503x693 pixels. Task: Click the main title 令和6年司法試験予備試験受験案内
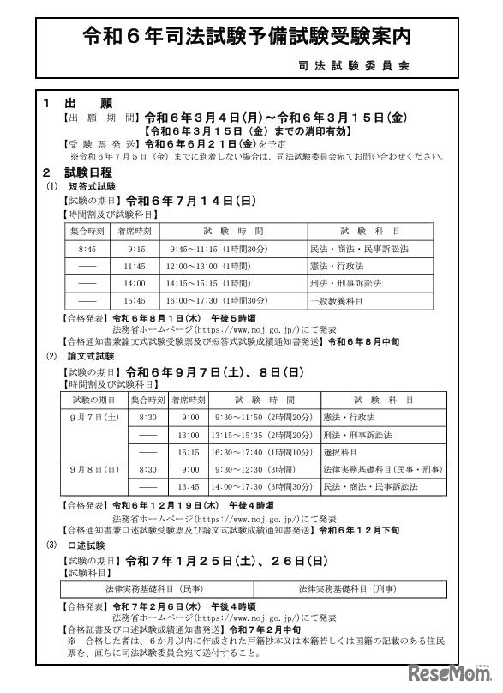(x=250, y=36)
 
